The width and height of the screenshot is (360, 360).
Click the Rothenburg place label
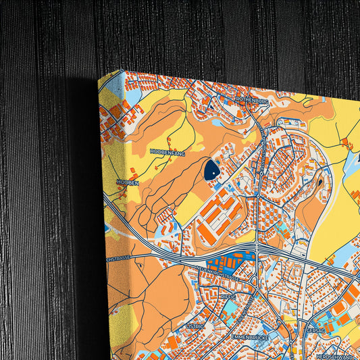click(x=253, y=100)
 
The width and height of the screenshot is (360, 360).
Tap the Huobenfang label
click(x=167, y=153)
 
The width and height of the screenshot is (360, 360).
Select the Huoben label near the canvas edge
click(x=127, y=182)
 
